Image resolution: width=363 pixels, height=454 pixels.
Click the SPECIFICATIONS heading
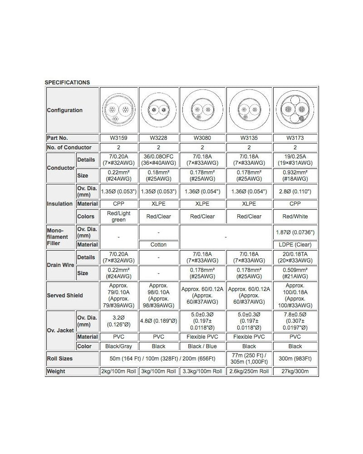[x=67, y=83]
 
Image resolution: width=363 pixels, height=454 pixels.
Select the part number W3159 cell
[x=118, y=138]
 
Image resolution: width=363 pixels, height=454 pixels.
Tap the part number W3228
[x=158, y=138]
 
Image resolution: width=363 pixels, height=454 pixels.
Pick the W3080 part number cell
[x=202, y=138]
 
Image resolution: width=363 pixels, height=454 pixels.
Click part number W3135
[x=249, y=138]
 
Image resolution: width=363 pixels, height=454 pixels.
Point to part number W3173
[x=295, y=138]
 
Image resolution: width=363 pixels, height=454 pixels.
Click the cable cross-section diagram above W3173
[x=295, y=110]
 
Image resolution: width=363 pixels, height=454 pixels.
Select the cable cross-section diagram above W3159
[x=118, y=110]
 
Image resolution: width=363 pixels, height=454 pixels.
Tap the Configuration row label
[x=65, y=110]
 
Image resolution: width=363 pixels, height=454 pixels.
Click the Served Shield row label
[x=65, y=296]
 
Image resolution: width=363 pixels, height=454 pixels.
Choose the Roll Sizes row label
[x=60, y=358]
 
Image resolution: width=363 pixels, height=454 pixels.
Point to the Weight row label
[x=56, y=371]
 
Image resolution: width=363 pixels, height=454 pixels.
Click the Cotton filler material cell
[x=158, y=245]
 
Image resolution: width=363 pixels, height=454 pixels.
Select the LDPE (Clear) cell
[x=295, y=245]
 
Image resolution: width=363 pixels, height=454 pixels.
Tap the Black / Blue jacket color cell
[x=202, y=346]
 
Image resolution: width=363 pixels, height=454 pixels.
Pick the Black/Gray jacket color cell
[x=118, y=346]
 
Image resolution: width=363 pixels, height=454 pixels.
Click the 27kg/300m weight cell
[x=295, y=371]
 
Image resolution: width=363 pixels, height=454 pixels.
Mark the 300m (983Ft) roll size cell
[x=295, y=358]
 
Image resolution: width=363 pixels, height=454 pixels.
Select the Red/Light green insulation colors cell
[x=118, y=217]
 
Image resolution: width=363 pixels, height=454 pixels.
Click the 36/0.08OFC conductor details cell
[x=158, y=160]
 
